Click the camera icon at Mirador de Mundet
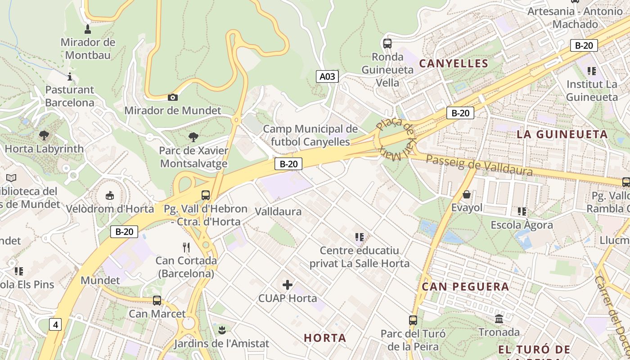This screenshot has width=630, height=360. pyautogui.click(x=172, y=97)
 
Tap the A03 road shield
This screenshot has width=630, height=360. pyautogui.click(x=327, y=76)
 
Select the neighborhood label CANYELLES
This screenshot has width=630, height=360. pyautogui.click(x=454, y=63)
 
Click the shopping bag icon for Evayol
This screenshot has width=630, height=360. pyautogui.click(x=467, y=194)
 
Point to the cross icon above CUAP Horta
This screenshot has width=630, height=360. pyautogui.click(x=288, y=285)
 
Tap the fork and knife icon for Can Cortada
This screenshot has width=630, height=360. pyautogui.click(x=186, y=247)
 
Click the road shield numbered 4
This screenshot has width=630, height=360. pyautogui.click(x=55, y=324)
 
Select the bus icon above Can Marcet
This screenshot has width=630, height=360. pyautogui.click(x=157, y=300)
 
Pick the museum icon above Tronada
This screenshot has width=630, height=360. pyautogui.click(x=499, y=319)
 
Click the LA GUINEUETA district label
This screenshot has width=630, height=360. pyautogui.click(x=562, y=134)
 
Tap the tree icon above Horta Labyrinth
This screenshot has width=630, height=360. pyautogui.click(x=44, y=135)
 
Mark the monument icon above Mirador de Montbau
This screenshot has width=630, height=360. pyautogui.click(x=88, y=29)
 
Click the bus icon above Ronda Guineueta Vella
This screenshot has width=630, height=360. pyautogui.click(x=387, y=44)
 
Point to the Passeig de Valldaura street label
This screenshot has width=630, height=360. pyautogui.click(x=479, y=165)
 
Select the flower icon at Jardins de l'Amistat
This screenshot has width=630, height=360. pyautogui.click(x=221, y=331)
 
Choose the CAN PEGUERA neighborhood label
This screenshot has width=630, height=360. pyautogui.click(x=465, y=287)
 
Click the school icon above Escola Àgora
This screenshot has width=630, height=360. pyautogui.click(x=522, y=211)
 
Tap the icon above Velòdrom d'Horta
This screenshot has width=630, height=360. pyautogui.click(x=109, y=195)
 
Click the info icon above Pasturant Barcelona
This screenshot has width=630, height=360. pyautogui.click(x=70, y=76)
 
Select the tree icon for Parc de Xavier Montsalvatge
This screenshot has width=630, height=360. pyautogui.click(x=193, y=137)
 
